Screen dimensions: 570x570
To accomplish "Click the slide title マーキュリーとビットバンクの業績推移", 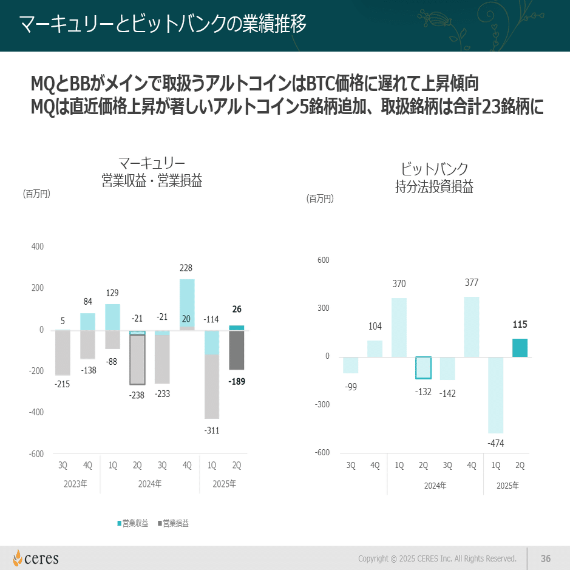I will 163,25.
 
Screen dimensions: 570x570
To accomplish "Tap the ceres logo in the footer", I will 36,558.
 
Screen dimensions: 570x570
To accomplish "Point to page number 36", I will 545,558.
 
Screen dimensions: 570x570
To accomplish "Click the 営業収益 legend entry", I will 133,523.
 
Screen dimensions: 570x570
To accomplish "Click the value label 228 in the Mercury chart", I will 186,268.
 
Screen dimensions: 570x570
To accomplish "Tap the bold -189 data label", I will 237,382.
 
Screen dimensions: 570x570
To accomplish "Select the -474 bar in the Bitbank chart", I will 496,395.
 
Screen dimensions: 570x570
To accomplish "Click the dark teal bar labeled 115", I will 520,348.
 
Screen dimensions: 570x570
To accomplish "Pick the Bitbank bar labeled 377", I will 472,327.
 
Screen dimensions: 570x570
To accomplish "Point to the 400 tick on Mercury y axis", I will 37,246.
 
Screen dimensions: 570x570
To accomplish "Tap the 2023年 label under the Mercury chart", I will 75,484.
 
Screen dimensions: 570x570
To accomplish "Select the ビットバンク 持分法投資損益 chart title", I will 434,178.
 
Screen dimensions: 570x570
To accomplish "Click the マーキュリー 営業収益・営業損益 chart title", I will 152,172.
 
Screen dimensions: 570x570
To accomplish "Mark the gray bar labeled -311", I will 212,386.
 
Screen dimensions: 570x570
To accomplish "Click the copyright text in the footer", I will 437,558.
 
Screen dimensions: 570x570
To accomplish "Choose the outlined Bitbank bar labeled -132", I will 423,368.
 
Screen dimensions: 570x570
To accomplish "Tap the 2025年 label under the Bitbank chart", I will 507,486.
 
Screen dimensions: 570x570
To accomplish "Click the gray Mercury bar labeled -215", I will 63,353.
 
